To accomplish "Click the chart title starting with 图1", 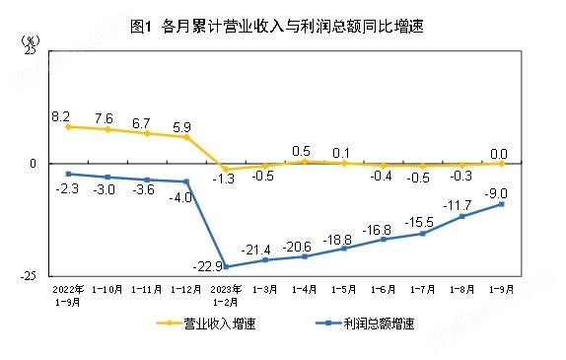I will point(283,27).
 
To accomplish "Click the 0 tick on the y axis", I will point(33,164).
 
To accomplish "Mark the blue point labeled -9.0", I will point(501,204).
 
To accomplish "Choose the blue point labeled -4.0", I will point(186,181).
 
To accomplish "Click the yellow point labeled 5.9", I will point(186,137).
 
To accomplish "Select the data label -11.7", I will point(462,205).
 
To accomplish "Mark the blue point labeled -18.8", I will point(344,249).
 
